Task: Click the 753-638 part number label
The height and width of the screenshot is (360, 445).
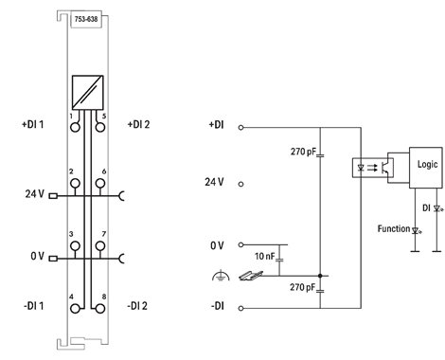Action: tap(86, 19)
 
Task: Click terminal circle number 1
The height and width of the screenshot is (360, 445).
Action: tap(75, 127)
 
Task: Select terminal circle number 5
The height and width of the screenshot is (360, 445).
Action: tap(100, 127)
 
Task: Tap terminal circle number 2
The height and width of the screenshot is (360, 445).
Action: tap(75, 183)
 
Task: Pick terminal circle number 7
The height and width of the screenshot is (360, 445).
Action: tap(100, 245)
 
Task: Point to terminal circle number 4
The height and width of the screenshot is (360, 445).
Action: tap(75, 309)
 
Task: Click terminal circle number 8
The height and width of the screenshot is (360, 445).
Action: tap(100, 309)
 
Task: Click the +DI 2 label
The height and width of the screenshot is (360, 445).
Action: tap(138, 124)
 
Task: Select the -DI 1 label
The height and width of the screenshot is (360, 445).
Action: tap(33, 306)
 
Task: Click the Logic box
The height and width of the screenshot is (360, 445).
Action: tap(426, 168)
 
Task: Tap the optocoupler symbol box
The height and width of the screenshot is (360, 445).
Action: tap(372, 168)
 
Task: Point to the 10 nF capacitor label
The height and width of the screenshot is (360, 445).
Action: tap(265, 256)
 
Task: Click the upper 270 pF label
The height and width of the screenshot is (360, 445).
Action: tap(303, 152)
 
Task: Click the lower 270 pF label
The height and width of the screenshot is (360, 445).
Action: tap(302, 287)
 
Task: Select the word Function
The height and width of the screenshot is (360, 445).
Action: tap(394, 228)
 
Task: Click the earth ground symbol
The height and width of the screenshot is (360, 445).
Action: tap(221, 276)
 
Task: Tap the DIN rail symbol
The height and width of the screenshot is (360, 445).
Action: tap(251, 276)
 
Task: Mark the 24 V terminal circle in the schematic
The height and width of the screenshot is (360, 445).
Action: tap(240, 184)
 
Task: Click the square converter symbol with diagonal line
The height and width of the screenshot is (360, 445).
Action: tap(87, 93)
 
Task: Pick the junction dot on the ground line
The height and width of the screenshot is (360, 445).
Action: tap(320, 276)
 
